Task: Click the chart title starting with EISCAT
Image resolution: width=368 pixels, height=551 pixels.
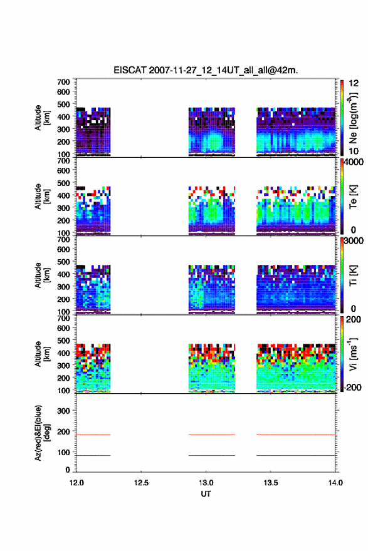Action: point(206,70)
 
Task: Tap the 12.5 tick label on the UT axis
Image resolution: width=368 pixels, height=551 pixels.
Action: point(141,483)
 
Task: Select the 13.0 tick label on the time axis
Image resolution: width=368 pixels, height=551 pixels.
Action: point(206,483)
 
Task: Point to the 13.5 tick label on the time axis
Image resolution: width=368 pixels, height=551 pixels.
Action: point(271,483)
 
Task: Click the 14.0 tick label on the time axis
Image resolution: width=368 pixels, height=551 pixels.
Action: point(335,483)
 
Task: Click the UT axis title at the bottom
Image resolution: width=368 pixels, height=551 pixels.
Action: point(206,494)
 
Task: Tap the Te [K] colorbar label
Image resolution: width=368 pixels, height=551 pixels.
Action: point(353,197)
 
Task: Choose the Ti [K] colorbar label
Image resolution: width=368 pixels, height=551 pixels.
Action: point(353,275)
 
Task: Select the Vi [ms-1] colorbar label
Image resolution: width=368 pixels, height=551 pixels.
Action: point(353,354)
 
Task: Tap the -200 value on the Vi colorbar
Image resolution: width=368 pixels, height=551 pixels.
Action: point(351,387)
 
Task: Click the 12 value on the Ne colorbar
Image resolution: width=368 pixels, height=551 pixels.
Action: point(354,83)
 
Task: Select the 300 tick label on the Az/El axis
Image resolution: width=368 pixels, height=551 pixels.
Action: point(63,411)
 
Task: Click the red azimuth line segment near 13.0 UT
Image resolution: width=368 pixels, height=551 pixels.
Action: point(212,435)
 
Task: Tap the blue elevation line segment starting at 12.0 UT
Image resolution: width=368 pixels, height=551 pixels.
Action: point(93,455)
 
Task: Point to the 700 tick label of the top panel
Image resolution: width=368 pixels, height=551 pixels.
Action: point(63,82)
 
